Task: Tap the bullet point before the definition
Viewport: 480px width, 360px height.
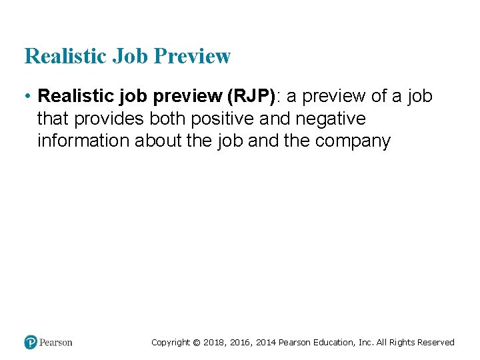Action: coord(27,97)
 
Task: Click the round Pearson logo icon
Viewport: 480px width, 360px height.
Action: coord(31,342)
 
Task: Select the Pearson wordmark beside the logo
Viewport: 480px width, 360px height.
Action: coord(56,343)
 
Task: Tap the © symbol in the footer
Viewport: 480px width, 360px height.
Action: coord(196,343)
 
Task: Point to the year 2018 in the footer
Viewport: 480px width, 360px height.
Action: coord(214,343)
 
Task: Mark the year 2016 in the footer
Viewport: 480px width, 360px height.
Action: coord(241,343)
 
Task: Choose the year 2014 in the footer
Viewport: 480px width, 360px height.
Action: coord(266,343)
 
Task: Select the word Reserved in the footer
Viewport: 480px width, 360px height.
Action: coord(435,343)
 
